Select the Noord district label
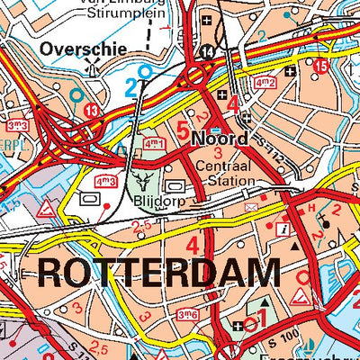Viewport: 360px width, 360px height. coord(220,139)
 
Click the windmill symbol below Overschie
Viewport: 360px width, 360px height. coord(90,67)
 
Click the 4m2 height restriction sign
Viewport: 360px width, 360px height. coord(265,83)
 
